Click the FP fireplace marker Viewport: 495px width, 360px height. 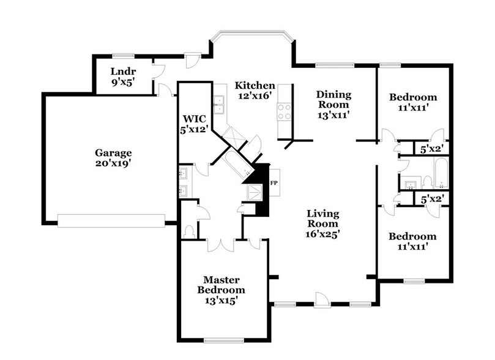274,183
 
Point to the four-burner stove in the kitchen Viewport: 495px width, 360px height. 284,111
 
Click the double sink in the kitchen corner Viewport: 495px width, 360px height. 220,105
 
